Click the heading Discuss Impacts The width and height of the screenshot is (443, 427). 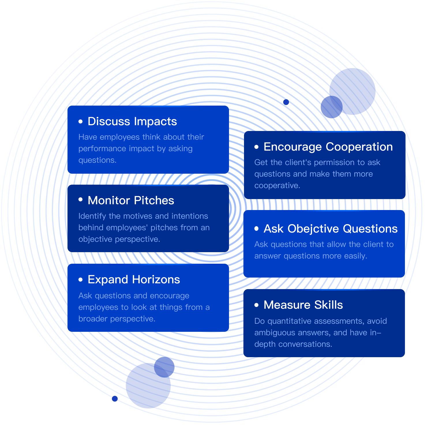tap(132, 121)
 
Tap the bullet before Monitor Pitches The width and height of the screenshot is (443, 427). tap(80, 200)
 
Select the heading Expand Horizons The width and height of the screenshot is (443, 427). tap(134, 280)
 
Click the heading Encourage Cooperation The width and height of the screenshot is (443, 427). tap(328, 147)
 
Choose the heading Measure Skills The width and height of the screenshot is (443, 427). tap(303, 305)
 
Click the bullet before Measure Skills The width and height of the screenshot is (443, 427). tap(256, 305)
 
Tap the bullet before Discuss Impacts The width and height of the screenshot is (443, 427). tap(80, 121)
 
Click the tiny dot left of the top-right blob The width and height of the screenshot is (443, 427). tap(286, 102)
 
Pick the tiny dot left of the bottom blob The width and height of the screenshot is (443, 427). tap(115, 399)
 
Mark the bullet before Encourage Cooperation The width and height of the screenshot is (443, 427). tap(256, 147)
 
